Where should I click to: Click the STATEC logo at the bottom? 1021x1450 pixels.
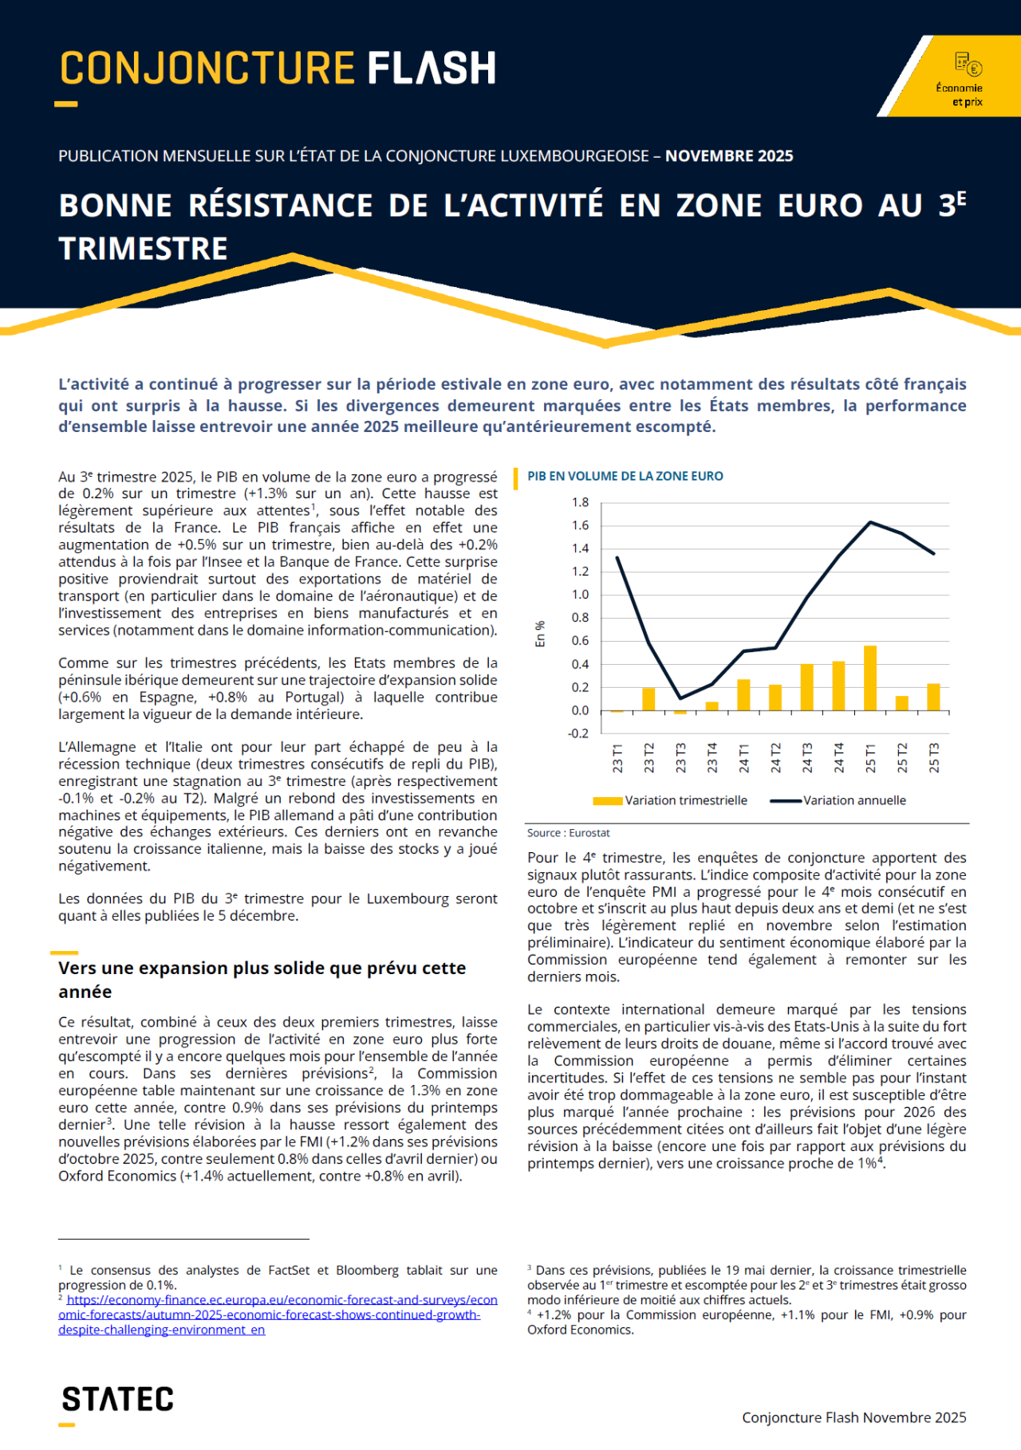tap(117, 1400)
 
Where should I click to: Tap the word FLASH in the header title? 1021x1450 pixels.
tap(431, 69)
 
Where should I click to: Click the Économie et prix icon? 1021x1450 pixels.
tap(968, 65)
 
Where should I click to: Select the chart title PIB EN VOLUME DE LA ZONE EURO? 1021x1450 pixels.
tap(625, 477)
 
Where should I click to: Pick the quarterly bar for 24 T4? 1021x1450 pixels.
tap(838, 686)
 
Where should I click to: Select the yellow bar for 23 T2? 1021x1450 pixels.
tap(648, 698)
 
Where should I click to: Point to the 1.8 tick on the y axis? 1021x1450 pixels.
tap(580, 502)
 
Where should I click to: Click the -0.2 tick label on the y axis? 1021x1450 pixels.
tap(578, 733)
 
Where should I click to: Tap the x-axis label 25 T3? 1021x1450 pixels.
tap(934, 757)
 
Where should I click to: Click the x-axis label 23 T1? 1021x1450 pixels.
tap(617, 757)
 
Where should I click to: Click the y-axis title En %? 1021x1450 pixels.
tap(540, 634)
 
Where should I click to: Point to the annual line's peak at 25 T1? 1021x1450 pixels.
tap(870, 522)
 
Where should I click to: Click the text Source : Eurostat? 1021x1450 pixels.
tap(568, 833)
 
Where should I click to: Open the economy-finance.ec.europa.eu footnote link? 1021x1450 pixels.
tap(278, 1314)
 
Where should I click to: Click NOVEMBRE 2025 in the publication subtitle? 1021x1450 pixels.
tap(729, 156)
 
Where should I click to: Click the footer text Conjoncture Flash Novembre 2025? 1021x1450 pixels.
tap(853, 1417)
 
